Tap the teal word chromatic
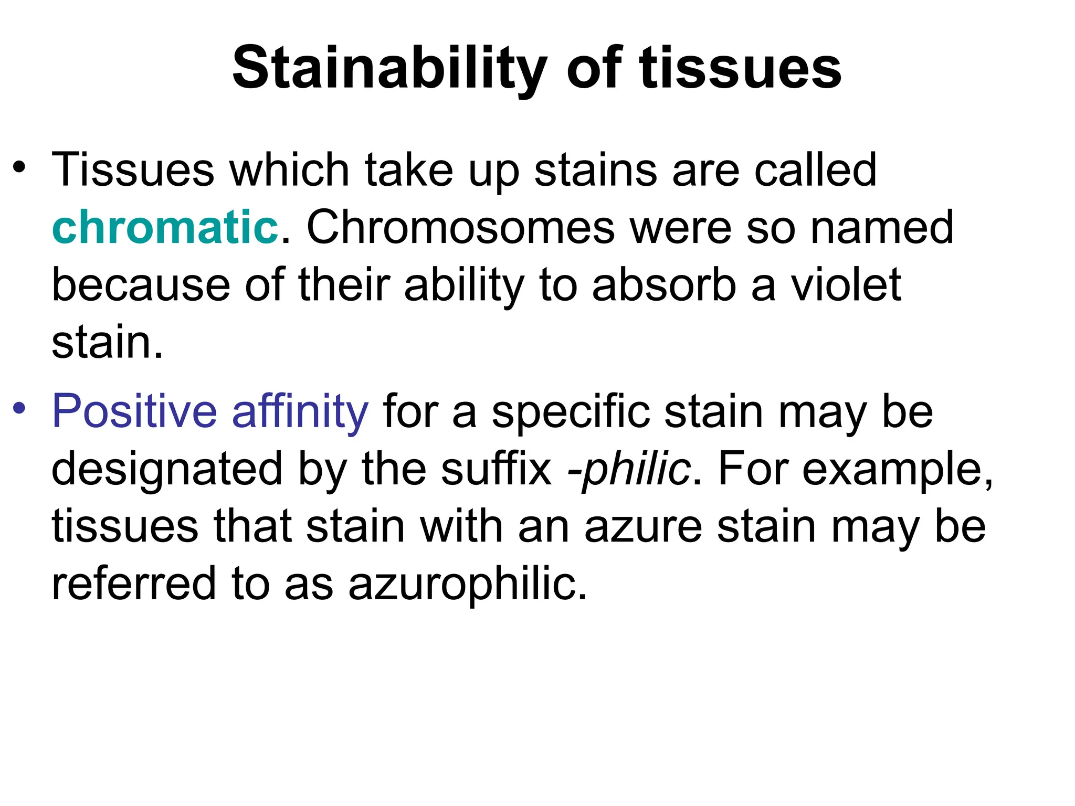coord(165,227)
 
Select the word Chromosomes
coord(460,227)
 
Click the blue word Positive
coord(134,411)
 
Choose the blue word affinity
coord(300,411)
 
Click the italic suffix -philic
coord(629,469)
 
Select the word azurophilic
coord(467,584)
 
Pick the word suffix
coord(496,469)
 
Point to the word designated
coord(167,469)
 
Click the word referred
coord(134,584)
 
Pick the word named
coord(881,227)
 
